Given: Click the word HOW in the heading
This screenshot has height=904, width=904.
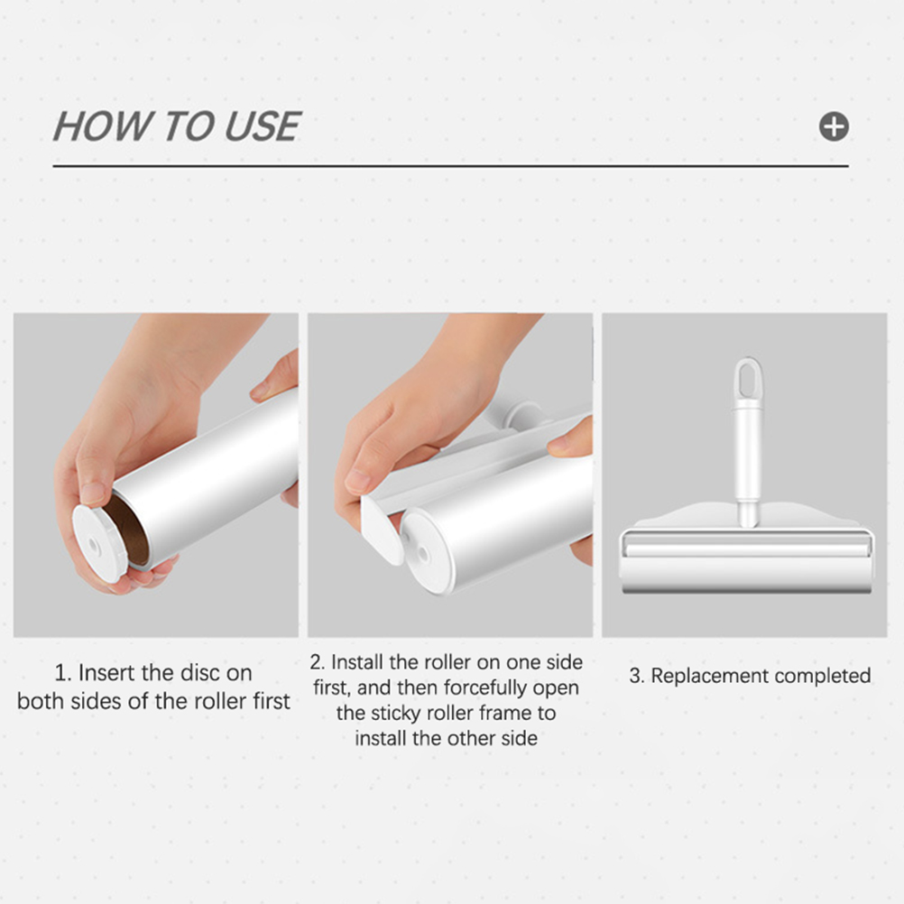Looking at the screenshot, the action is (102, 126).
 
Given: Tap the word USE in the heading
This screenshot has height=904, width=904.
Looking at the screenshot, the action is (263, 126).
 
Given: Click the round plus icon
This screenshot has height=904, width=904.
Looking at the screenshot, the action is (834, 126).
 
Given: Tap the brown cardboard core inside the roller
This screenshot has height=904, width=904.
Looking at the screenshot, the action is (130, 530).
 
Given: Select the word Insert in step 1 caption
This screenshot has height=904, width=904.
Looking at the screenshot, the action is (106, 673).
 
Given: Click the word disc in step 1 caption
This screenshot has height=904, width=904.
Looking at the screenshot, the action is (199, 673).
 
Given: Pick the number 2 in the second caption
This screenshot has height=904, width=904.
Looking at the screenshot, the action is (316, 662).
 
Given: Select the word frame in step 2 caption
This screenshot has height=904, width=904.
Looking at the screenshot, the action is (505, 713).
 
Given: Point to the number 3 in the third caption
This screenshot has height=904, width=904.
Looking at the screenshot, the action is (635, 676).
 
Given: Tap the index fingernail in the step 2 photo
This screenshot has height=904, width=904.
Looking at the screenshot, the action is (358, 481).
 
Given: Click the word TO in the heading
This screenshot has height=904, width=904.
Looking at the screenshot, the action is (188, 126).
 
